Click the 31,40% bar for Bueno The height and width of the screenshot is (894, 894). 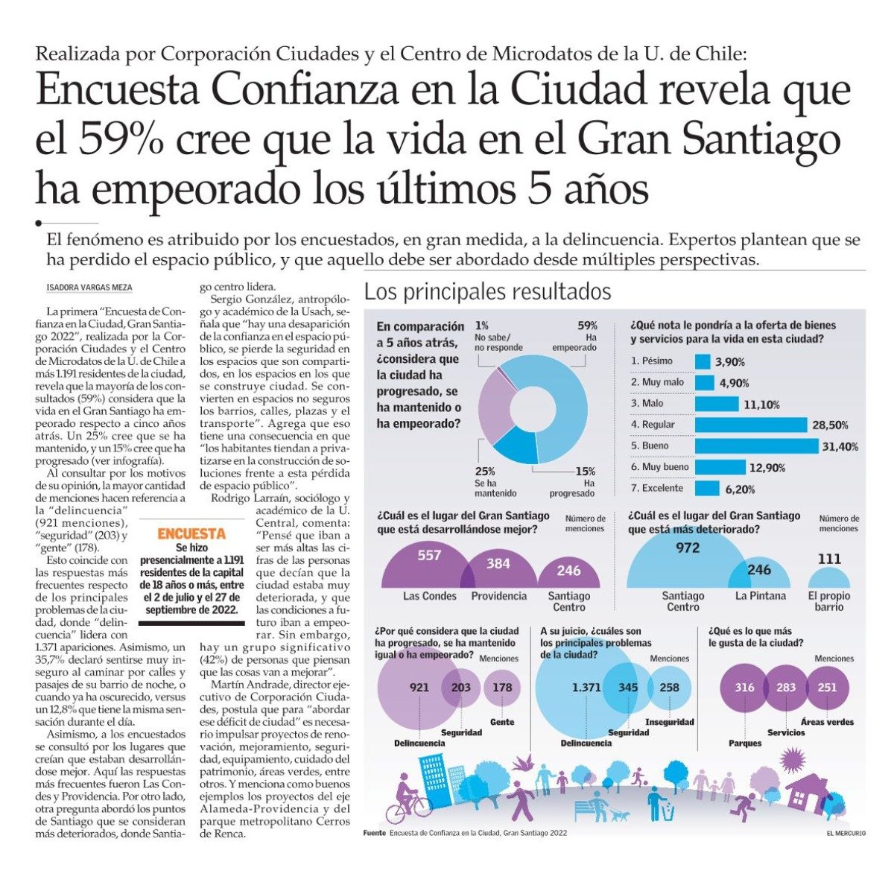(x=756, y=446)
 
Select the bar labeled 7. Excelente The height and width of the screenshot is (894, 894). (x=706, y=489)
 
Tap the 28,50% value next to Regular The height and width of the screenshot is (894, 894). (x=830, y=425)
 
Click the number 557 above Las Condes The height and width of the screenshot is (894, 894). (x=429, y=555)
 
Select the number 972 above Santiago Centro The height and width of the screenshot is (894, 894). (x=688, y=548)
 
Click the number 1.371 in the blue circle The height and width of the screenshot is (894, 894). (x=586, y=688)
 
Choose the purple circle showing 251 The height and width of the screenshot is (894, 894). (x=828, y=687)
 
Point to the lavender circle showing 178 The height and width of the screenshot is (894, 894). (x=502, y=687)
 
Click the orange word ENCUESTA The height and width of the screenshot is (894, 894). (x=191, y=534)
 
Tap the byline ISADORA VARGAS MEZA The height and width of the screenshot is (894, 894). (x=89, y=288)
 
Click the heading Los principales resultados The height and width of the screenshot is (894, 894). (x=487, y=292)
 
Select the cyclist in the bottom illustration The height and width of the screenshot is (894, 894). (x=408, y=796)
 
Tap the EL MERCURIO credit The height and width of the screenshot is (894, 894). (x=846, y=834)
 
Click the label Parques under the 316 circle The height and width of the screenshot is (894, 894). (x=744, y=744)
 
